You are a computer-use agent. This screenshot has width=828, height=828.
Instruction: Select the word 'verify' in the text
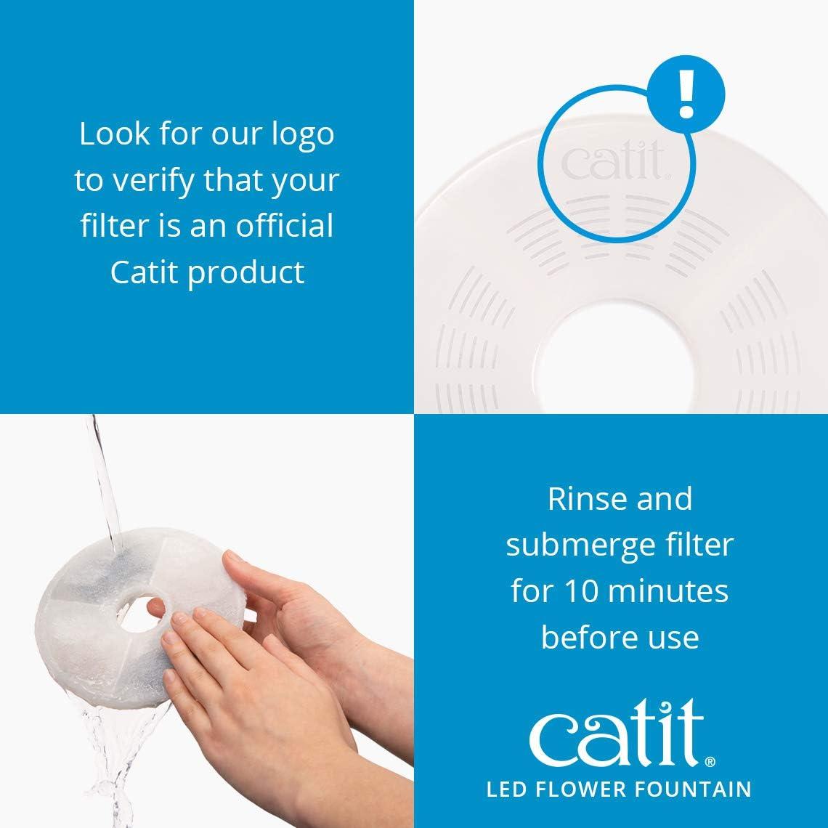pyautogui.click(x=153, y=181)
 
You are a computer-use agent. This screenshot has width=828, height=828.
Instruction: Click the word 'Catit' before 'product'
pyautogui.click(x=143, y=272)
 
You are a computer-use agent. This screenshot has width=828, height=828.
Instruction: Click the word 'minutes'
pyautogui.click(x=666, y=591)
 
